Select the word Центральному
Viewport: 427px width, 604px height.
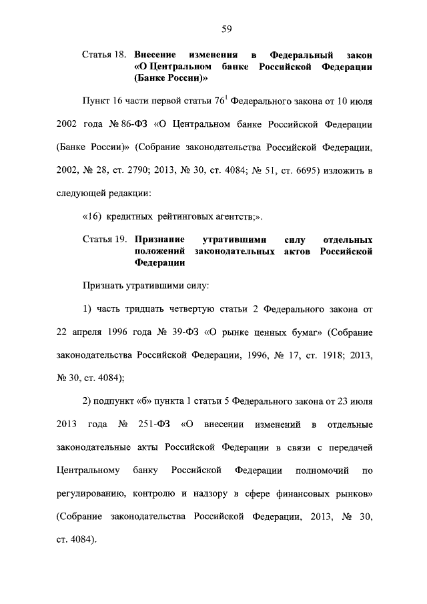pyautogui.click(x=88, y=471)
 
